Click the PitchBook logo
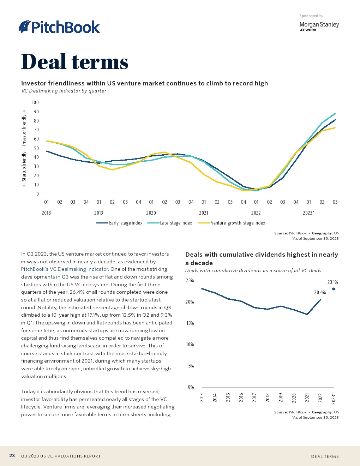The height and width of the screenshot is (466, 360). [59, 27]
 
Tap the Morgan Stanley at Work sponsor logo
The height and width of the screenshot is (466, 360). [319, 26]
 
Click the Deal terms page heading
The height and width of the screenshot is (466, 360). [75, 62]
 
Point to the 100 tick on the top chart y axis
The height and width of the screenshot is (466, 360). [35, 103]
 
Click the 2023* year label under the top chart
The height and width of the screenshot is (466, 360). [308, 213]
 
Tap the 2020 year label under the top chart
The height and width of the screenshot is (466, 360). [151, 213]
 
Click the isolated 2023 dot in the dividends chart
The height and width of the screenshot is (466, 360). [334, 289]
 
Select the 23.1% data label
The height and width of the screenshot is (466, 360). [332, 282]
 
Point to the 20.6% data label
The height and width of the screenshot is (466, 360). [320, 293]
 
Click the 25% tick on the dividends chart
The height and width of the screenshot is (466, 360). [190, 281]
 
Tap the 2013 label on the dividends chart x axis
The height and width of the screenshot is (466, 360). [202, 398]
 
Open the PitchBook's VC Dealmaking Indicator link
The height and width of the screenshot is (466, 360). [65, 269]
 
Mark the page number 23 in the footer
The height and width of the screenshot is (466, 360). [12, 456]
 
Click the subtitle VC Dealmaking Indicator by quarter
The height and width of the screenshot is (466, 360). [64, 91]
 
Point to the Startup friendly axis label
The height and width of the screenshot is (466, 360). [24, 166]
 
